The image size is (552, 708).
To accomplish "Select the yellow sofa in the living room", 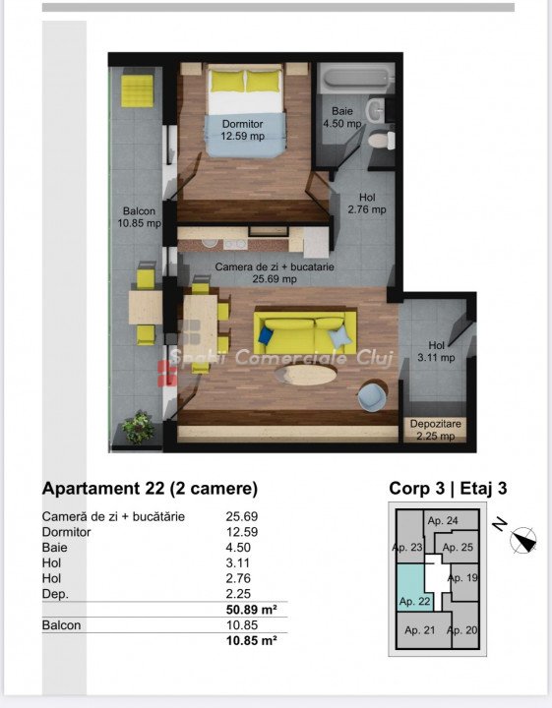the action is [x=305, y=329].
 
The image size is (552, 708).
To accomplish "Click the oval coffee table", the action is [x=306, y=375].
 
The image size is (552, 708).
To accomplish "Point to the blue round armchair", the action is [x=373, y=396].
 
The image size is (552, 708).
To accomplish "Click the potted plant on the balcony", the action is [x=138, y=427].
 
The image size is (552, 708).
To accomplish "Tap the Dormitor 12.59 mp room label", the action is [x=243, y=130].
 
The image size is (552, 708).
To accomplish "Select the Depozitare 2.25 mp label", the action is [x=436, y=430].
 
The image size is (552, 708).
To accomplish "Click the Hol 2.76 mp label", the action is [x=367, y=204].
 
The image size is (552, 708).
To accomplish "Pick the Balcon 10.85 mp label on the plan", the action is [x=139, y=216].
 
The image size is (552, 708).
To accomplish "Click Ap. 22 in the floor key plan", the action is [x=414, y=602].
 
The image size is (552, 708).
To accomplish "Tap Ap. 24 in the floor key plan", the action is [x=443, y=520].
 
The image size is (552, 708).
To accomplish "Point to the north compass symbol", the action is [x=523, y=540].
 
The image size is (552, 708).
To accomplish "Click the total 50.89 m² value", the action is [x=251, y=610].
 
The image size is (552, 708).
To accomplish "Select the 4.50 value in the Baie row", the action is [x=238, y=548].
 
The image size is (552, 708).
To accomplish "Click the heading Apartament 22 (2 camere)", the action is [x=150, y=489].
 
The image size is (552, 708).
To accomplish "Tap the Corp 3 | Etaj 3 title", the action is [x=448, y=488].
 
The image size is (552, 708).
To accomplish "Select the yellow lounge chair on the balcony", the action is [x=138, y=90].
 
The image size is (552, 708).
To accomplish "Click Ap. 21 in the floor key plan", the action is [x=419, y=630].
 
